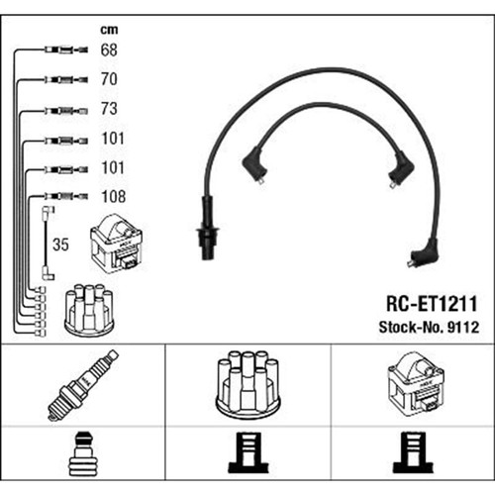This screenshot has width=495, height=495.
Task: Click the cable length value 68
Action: tap(109, 49)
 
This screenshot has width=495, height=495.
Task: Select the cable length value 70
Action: tap(109, 79)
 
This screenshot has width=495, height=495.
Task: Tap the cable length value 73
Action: tap(109, 109)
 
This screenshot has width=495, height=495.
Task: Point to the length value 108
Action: tap(114, 197)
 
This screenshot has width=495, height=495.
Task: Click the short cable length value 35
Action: tap(60, 245)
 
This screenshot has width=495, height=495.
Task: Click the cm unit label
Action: tap(109, 30)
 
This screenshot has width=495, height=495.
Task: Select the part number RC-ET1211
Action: tap(432, 304)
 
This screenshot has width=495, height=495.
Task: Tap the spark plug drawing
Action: tap(83, 385)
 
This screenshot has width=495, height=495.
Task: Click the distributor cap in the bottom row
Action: tap(247, 384)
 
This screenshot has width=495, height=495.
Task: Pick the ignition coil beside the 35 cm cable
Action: tap(117, 244)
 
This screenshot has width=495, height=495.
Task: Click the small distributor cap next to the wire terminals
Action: tap(89, 310)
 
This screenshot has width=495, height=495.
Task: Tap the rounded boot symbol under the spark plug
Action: tap(83, 453)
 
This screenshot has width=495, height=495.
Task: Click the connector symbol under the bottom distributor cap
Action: tap(248, 452)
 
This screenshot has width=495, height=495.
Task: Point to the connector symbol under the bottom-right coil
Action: tap(413, 452)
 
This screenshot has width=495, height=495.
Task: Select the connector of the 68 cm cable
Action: tap(66, 50)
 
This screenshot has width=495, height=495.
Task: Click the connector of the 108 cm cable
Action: tap(66, 197)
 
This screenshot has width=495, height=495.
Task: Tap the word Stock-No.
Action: tap(411, 328)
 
